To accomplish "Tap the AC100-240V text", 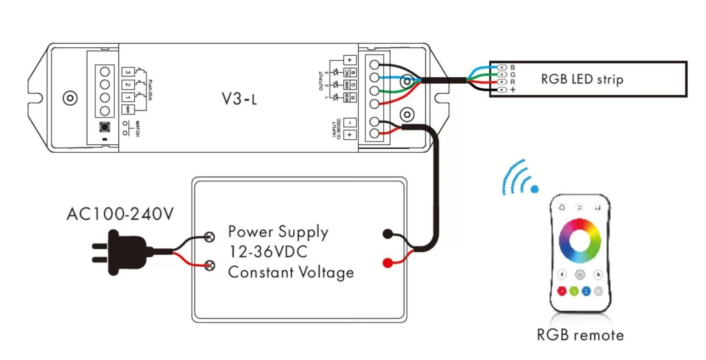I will tap(120, 214).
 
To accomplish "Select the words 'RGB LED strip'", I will tap(582, 79).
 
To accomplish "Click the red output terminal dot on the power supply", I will tap(387, 263).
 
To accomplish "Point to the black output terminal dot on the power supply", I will tap(387, 234).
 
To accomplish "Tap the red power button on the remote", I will tap(562, 291).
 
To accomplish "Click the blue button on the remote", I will tap(586, 291).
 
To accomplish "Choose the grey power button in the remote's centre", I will tap(581, 274).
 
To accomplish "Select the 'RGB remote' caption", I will tap(580, 335).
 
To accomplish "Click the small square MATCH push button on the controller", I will tap(104, 126).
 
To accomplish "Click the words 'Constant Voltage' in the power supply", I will tap(291, 272).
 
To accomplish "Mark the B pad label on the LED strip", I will tap(512, 68).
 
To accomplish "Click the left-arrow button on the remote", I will tap(562, 274).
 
